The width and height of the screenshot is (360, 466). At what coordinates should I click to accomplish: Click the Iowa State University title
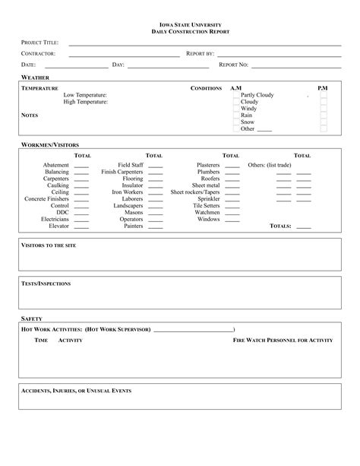180,25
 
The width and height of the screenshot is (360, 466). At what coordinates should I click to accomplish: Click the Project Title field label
39,43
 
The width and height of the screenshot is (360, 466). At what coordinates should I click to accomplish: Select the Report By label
201,54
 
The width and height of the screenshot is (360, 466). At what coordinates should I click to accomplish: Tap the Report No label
233,65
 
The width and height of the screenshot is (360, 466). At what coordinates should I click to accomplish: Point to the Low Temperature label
85,95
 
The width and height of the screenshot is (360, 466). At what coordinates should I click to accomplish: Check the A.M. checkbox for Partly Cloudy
235,95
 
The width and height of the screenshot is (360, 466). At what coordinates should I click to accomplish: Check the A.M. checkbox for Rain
235,116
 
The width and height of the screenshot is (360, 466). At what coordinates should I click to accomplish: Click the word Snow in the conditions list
248,122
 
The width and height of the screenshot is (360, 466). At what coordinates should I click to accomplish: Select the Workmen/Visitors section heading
49,144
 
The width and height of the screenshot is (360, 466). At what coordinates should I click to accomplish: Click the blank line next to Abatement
81,166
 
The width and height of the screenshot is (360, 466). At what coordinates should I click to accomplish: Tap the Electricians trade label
55,219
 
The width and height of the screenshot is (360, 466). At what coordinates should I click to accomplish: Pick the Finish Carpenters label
122,172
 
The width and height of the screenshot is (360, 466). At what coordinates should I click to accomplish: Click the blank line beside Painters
155,227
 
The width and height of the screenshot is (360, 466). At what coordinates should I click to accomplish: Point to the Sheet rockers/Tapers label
195,192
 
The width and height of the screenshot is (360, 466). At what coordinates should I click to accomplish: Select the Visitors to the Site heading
48,246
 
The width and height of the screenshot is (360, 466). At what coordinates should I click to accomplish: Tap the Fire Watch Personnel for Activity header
283,341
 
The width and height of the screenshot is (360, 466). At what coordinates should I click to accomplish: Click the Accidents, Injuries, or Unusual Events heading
76,390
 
